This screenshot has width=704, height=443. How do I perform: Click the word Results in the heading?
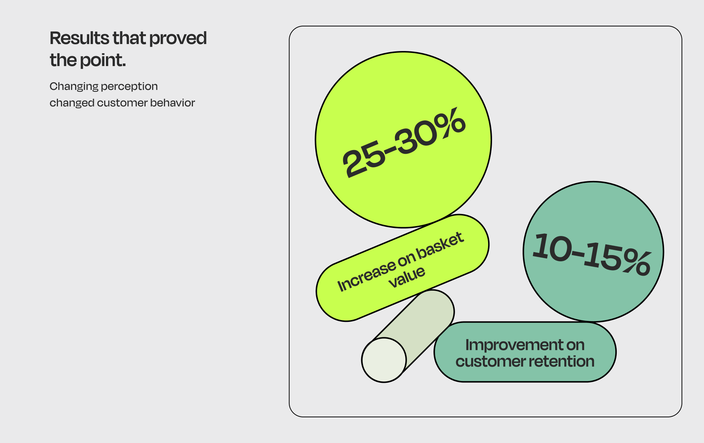point(79,38)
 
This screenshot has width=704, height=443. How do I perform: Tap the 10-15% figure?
point(592,254)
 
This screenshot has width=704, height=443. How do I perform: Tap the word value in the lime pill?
point(407,277)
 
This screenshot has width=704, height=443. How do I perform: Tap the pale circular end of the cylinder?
point(384,360)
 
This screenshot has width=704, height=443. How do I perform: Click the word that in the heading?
point(129,38)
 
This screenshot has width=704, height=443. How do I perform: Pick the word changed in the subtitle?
point(72,103)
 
